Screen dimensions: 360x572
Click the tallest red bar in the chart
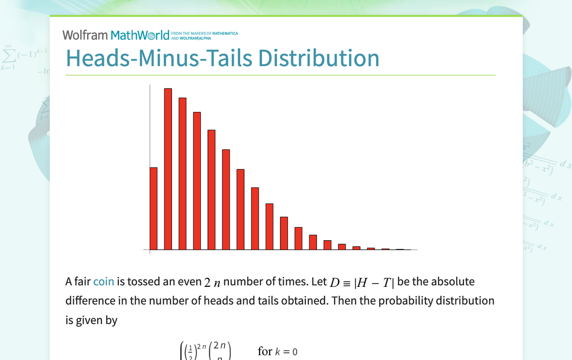coord(168,169)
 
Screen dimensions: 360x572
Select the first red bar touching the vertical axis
coord(154,209)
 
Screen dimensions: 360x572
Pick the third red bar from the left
coord(183,174)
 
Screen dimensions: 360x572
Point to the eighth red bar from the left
coord(255,219)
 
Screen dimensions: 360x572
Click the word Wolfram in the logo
coord(85,35)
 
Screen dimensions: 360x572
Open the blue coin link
coord(103,282)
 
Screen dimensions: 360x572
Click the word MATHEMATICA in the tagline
coord(228,34)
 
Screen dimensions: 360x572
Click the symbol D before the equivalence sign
coord(335,282)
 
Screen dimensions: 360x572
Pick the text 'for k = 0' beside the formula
coord(278,352)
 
